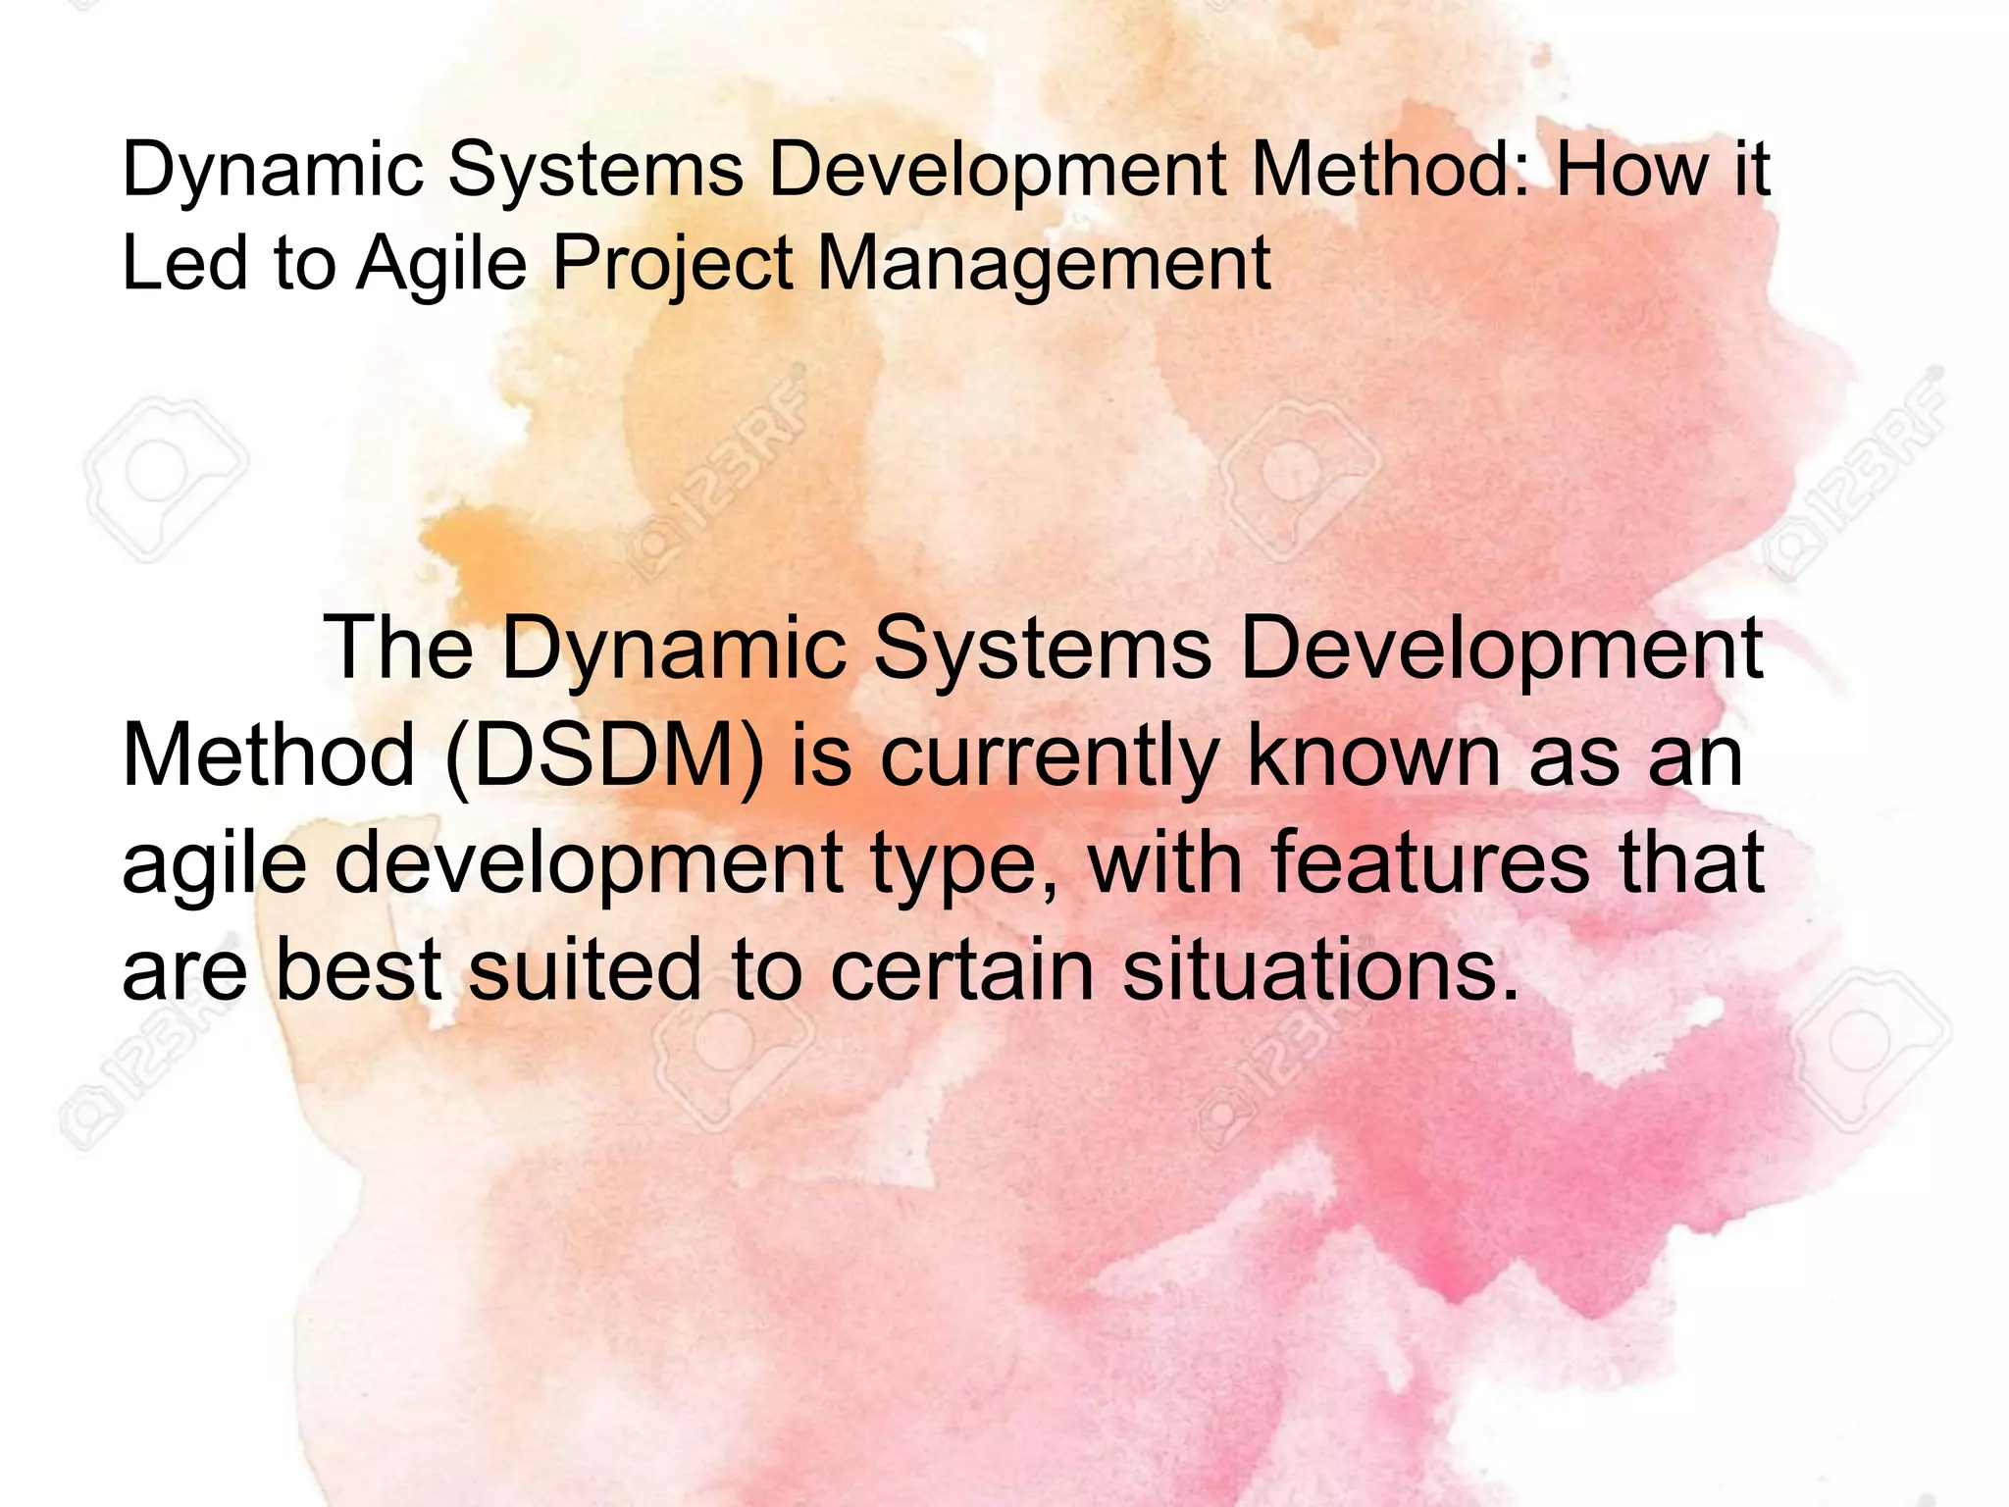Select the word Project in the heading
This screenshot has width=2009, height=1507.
point(672,266)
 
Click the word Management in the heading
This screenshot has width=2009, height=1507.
point(1044,266)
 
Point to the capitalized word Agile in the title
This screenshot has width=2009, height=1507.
point(441,266)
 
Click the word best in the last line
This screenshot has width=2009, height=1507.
point(358,969)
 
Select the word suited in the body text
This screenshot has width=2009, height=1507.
point(585,969)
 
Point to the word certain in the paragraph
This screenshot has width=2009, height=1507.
point(961,969)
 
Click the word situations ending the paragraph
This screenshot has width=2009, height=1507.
point(1320,969)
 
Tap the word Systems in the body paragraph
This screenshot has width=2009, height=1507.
point(1043,650)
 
